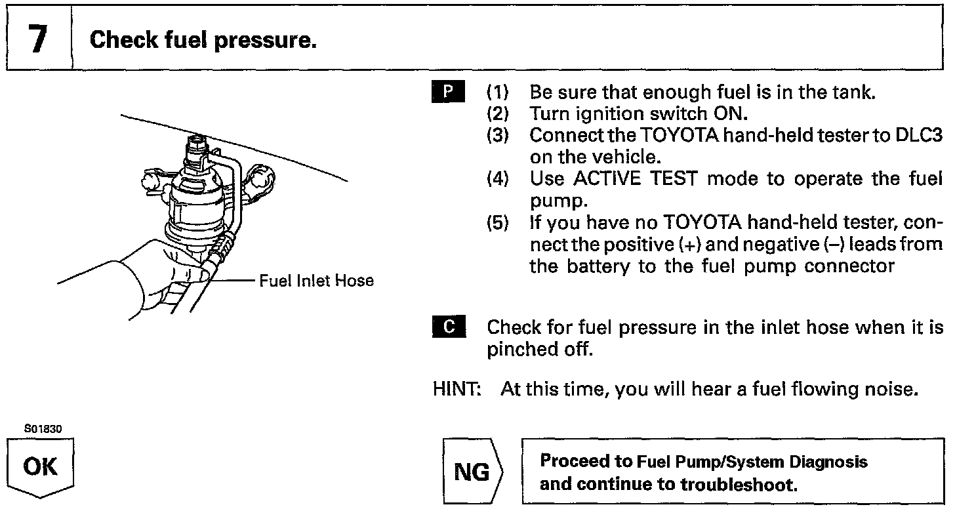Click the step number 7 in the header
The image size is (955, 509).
[x=37, y=39]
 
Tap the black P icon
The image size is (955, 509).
[x=449, y=91]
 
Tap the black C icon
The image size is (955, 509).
[x=449, y=326]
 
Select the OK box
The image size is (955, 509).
[x=41, y=468]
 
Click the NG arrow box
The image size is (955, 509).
[x=473, y=472]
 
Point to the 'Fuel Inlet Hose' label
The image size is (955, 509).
[x=316, y=281]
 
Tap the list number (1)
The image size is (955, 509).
[x=498, y=92]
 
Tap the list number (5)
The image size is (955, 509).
[x=498, y=223]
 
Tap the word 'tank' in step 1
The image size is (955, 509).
[x=853, y=92]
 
